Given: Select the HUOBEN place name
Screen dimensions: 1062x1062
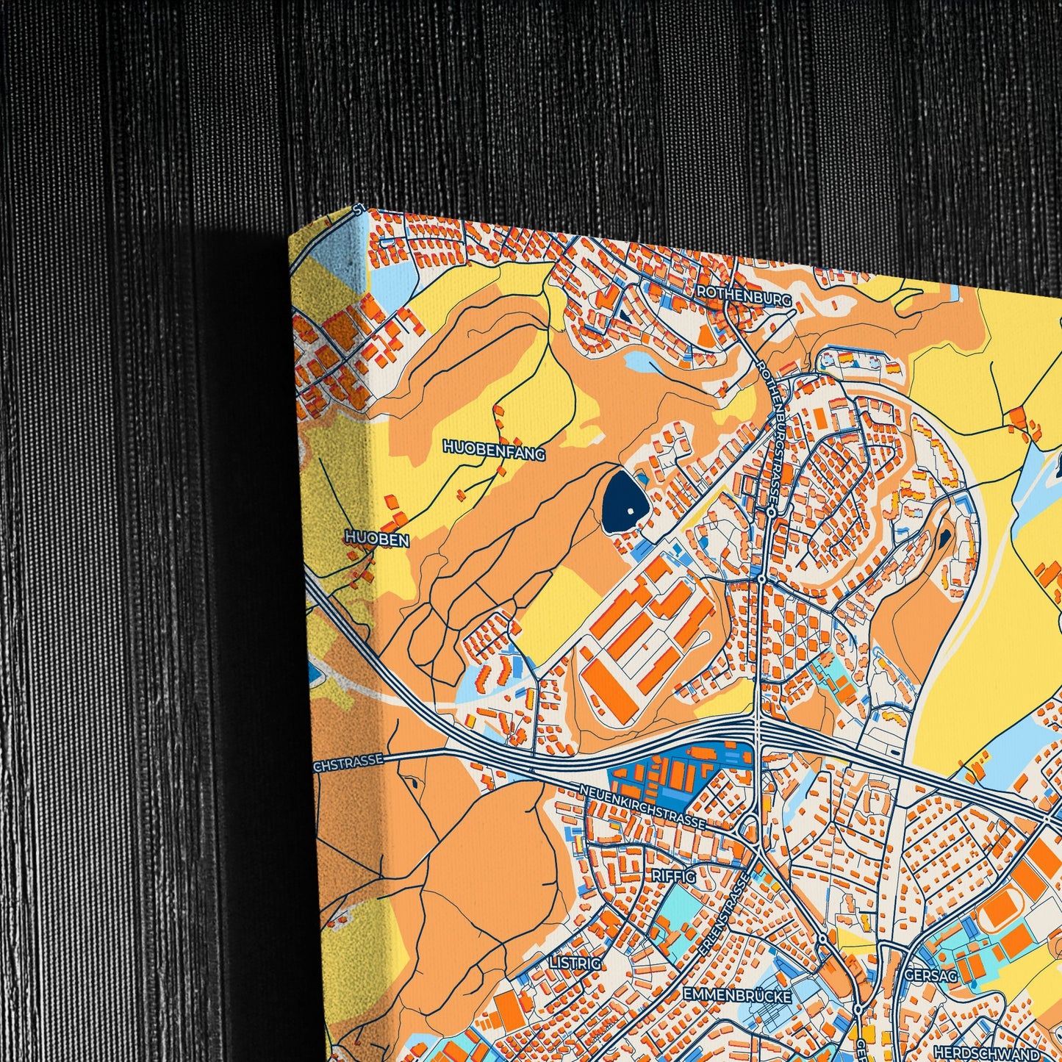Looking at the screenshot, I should pos(377,539).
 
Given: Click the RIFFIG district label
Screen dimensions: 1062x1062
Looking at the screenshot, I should pos(673,875).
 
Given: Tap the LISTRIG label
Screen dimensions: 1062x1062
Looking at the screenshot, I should pos(575,962).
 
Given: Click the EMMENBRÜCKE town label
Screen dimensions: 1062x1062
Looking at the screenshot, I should pos(737,995).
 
